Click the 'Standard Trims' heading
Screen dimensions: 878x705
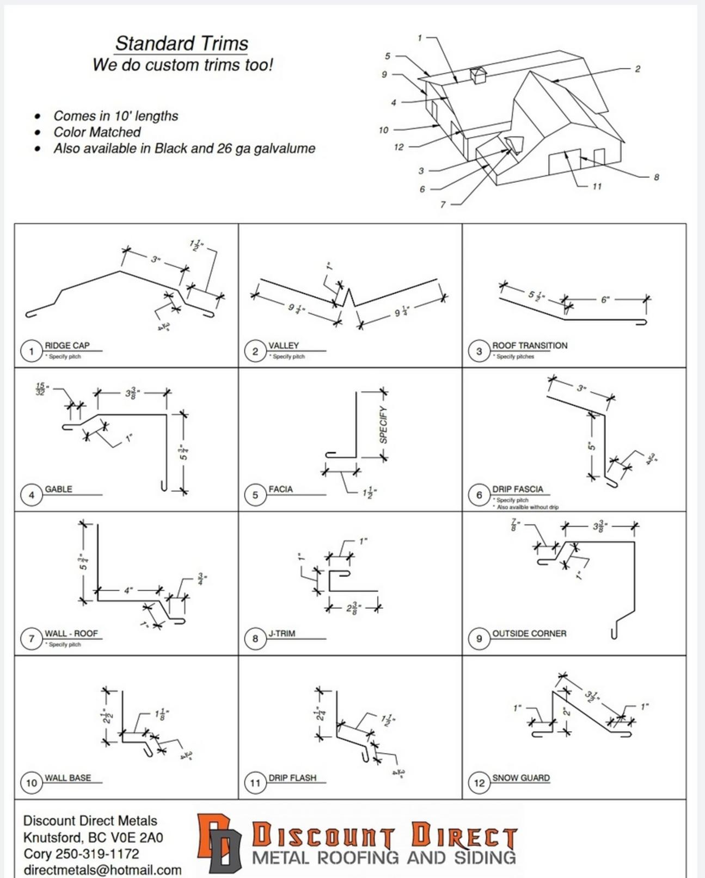click(181, 44)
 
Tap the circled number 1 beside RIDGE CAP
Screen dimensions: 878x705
click(31, 351)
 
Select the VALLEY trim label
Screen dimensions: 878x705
click(284, 345)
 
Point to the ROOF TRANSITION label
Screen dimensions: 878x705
click(529, 345)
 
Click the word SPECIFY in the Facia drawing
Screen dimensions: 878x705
click(383, 424)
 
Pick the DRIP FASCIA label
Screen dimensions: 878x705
click(517, 489)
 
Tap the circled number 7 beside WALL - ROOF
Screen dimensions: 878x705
click(31, 639)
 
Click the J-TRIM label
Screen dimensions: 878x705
click(281, 634)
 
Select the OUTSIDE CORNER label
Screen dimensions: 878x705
click(529, 634)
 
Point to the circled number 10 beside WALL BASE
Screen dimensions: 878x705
click(31, 783)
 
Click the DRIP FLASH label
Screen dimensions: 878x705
click(292, 778)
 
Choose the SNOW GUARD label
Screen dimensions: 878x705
click(520, 778)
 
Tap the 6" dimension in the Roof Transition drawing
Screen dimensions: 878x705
click(605, 300)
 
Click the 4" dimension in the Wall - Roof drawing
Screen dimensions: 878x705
click(128, 590)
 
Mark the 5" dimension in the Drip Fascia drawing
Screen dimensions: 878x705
click(591, 446)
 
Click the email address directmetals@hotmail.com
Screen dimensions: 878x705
click(102, 870)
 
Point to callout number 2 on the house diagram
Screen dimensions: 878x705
click(637, 69)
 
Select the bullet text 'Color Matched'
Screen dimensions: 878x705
click(97, 132)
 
